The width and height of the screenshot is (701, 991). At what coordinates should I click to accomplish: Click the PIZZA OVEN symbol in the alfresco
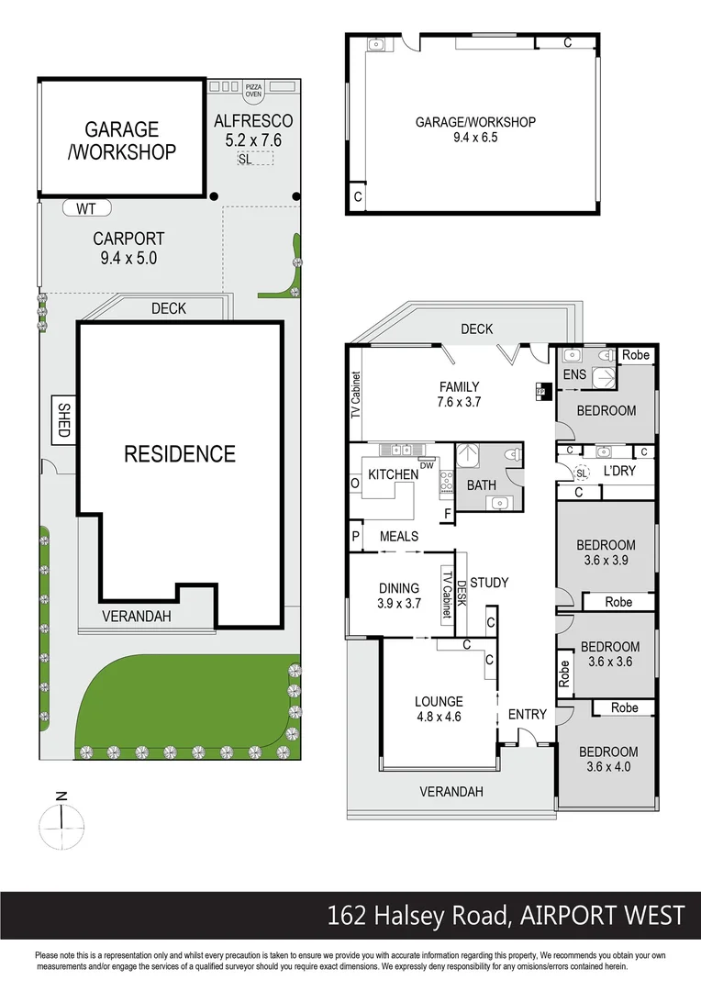pos(253,89)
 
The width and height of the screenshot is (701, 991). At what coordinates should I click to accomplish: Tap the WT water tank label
pos(85,208)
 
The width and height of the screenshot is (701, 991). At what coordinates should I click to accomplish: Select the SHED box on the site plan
pos(63,421)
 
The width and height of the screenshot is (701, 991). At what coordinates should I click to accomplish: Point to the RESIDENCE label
pos(180,453)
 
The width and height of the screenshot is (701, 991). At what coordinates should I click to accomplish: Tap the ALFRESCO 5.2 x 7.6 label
pos(252,130)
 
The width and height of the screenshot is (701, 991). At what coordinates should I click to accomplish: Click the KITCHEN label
pos(393,474)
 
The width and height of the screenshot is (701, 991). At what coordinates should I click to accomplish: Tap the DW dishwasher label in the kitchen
pos(426,466)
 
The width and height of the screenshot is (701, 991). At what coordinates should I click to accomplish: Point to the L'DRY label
pos(619,472)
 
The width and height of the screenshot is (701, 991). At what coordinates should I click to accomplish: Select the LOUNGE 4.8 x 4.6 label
pos(438,710)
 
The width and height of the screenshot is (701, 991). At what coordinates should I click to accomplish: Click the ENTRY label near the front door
pos(527,714)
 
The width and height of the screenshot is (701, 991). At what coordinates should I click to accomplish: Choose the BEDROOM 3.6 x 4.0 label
pos(607,760)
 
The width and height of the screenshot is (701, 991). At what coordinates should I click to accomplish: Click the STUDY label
pos(488,583)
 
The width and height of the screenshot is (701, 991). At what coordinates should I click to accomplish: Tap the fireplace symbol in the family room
pos(540,390)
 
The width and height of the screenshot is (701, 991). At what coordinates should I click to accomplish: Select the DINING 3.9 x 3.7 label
pos(399,596)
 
